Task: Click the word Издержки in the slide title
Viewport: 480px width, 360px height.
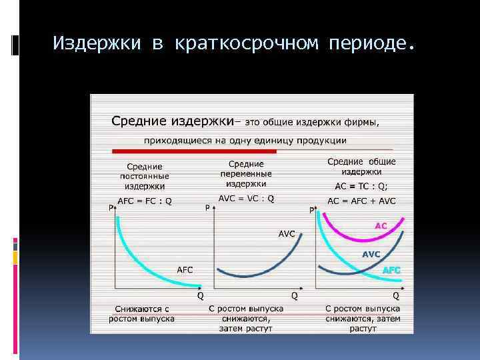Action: click(96, 44)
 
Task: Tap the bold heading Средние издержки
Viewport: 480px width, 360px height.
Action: click(172, 122)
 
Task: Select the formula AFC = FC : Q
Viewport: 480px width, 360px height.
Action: click(144, 201)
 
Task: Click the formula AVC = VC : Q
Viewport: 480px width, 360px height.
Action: click(246, 198)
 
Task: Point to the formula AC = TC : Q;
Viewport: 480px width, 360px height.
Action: click(360, 187)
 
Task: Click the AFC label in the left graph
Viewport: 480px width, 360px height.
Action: click(184, 269)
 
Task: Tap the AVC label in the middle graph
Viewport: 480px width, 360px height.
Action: click(287, 233)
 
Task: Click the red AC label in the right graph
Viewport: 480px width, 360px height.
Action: click(380, 226)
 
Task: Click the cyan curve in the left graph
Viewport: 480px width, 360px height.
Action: click(133, 253)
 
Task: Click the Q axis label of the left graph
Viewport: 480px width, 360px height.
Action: click(199, 295)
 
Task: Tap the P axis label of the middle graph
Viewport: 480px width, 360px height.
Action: click(207, 208)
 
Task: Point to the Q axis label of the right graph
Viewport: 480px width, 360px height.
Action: click(397, 295)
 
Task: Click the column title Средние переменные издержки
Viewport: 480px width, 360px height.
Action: click(246, 173)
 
